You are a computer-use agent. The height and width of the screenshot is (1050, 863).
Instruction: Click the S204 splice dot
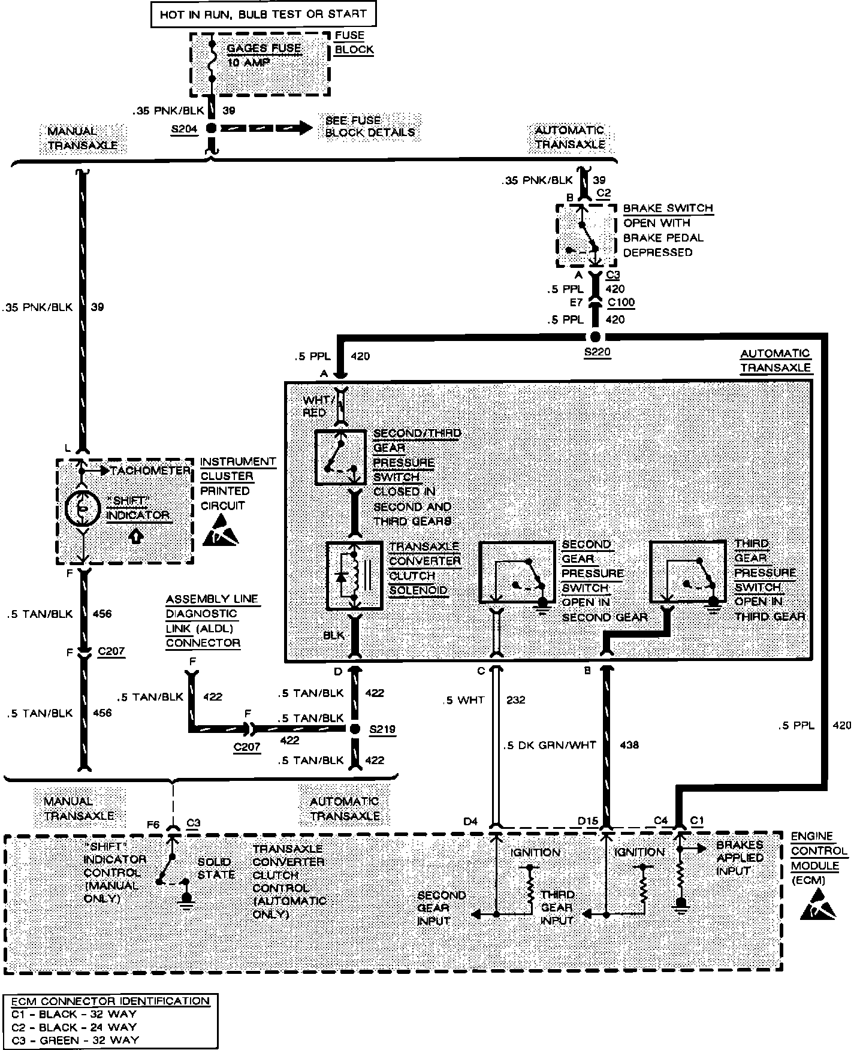tap(211, 128)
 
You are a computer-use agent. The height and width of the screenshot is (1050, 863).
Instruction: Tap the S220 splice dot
tap(595, 336)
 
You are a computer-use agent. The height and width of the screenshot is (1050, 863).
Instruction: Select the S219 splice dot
tap(355, 729)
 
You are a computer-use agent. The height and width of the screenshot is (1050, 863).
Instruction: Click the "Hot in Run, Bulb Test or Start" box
tap(263, 14)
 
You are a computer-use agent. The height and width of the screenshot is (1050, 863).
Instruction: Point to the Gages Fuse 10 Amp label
tap(264, 55)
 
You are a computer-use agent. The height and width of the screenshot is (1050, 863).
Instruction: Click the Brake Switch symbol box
tap(586, 235)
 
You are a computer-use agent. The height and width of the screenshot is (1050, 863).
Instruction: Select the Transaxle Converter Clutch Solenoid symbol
tap(354, 576)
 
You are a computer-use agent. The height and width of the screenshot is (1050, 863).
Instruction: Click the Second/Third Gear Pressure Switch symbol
tap(340, 457)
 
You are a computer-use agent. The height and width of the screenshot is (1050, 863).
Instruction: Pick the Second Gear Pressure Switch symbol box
tap(517, 572)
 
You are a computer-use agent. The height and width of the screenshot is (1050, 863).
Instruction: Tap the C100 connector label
tap(621, 303)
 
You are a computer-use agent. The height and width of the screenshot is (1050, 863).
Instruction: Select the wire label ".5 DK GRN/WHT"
tap(550, 745)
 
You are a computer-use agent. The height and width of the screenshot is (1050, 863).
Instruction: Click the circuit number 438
tap(629, 745)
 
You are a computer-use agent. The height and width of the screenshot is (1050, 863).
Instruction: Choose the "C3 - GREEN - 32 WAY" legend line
tap(74, 1040)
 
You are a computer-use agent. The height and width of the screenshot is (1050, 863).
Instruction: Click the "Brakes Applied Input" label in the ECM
tap(740, 858)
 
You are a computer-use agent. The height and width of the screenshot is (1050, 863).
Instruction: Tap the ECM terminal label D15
tap(588, 821)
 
